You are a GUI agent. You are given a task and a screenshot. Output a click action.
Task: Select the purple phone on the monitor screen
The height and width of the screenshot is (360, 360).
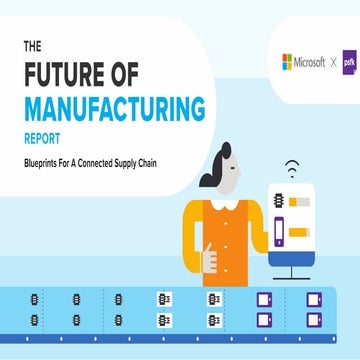click(x=279, y=233)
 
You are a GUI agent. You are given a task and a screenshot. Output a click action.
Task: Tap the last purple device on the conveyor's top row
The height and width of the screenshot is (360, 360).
click(x=313, y=298)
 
